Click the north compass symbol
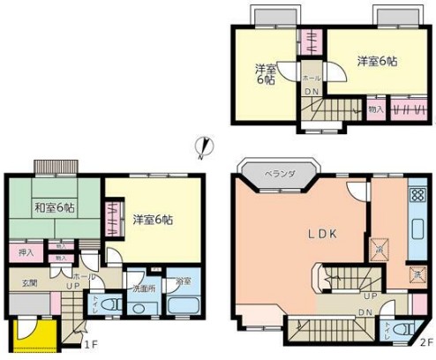(x=202, y=147)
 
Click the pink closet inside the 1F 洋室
(x=112, y=220)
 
